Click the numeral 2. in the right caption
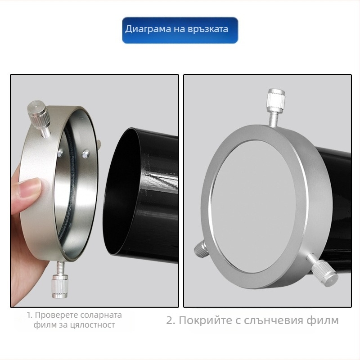click(171, 320)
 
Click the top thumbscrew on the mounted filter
click(276, 106)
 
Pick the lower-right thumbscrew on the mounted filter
click(322, 269)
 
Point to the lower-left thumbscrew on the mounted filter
click(201, 249)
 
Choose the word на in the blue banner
click(179, 29)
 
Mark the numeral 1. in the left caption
click(30, 315)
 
